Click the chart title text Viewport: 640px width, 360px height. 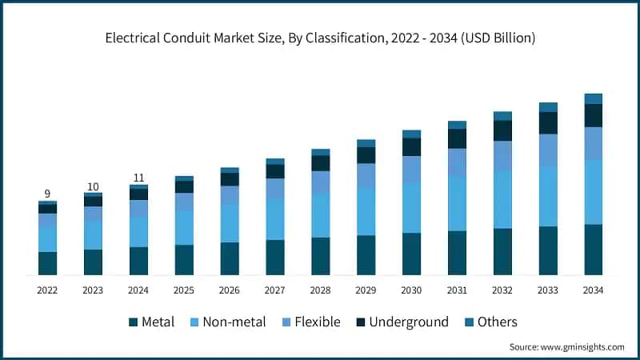[320, 38]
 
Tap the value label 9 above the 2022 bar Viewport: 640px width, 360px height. [47, 194]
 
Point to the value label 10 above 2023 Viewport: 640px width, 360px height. [93, 186]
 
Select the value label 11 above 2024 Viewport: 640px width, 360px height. [138, 178]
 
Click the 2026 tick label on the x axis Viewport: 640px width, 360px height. [230, 290]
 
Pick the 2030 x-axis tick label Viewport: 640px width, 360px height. [411, 290]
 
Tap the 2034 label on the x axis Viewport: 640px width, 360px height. [593, 290]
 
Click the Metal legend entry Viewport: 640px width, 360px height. [152, 322]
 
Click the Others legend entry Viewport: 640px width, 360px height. [490, 322]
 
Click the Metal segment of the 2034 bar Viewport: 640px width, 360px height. [593, 250]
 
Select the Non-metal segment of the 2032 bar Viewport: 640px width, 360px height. [502, 199]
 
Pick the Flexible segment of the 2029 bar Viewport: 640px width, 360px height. [366, 175]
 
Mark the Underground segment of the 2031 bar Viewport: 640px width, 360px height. [457, 138]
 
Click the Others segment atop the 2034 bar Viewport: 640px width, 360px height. [593, 98]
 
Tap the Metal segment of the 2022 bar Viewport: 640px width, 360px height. [47, 263]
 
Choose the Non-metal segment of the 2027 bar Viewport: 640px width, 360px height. [275, 219]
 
